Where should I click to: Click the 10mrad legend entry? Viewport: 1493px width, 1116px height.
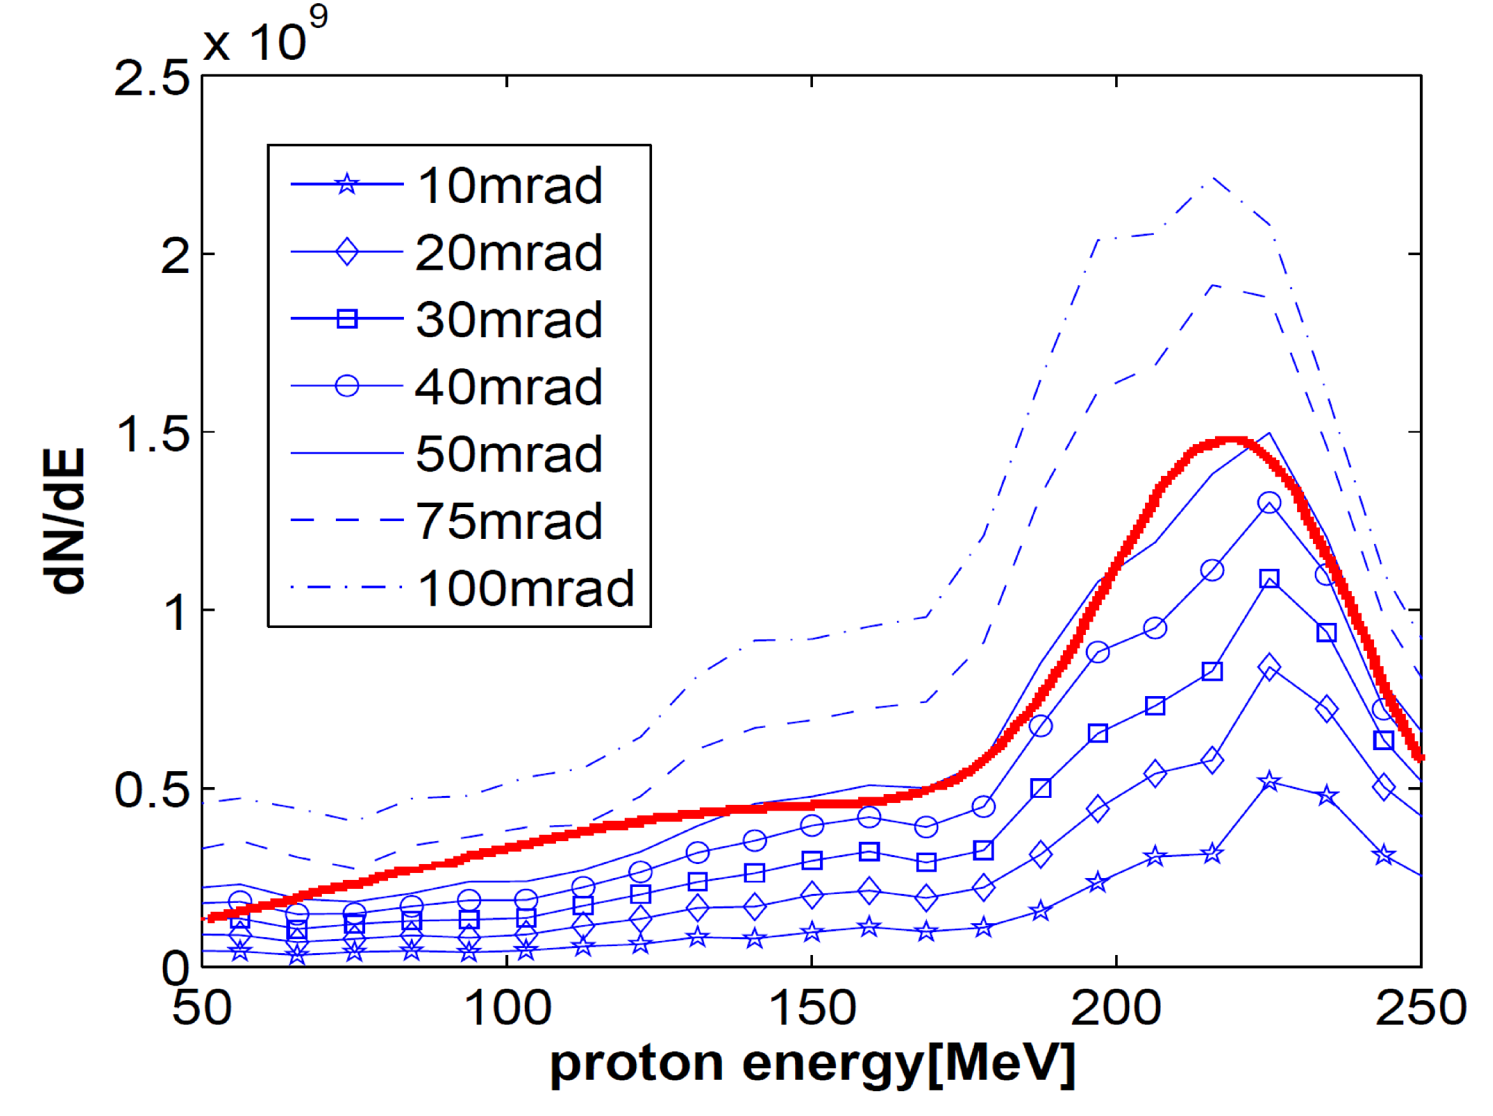(510, 185)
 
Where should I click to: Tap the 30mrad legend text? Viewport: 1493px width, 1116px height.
(509, 319)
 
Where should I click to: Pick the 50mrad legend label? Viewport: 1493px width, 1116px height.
(509, 454)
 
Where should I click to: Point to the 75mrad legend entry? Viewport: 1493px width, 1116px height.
(509, 521)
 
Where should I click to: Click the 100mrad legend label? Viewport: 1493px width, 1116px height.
(526, 588)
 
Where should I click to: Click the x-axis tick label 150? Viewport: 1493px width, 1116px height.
(812, 1008)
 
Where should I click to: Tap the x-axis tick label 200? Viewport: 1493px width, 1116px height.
(1116, 1008)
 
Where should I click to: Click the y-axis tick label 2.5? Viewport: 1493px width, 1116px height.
(152, 78)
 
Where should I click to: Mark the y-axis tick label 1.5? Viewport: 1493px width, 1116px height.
(152, 433)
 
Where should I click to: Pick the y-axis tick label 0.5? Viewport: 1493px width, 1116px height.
(152, 789)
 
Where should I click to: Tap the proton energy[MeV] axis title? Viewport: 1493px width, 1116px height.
(812, 1064)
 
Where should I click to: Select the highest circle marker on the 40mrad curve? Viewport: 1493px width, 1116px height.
(1269, 503)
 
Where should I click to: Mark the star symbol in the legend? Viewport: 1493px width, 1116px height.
(347, 184)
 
